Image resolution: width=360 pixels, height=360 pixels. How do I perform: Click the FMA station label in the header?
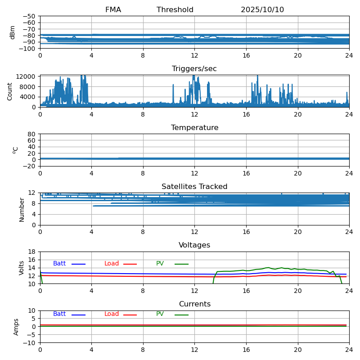(x=113, y=10)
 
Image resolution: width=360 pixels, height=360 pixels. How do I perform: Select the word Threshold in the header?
(x=175, y=10)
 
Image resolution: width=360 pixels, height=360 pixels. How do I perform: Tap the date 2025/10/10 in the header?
(x=262, y=10)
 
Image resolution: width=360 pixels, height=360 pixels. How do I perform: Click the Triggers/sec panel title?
(x=194, y=69)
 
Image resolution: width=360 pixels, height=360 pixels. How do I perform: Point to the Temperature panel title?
(x=194, y=128)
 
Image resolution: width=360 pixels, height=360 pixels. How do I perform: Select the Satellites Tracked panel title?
(x=194, y=187)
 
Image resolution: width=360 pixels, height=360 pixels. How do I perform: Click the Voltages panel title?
(x=194, y=245)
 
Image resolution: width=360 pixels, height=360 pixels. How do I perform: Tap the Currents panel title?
(x=194, y=304)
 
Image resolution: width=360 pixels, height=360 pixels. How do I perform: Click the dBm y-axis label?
(x=13, y=32)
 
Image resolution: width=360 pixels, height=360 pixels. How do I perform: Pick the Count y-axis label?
(x=10, y=91)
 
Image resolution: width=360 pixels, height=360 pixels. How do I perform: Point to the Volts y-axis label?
(x=22, y=268)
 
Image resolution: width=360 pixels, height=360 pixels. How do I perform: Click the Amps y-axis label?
(x=16, y=327)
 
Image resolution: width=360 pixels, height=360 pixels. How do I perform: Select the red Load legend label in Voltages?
(x=112, y=264)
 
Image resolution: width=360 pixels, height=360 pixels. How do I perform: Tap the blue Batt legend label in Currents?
(x=59, y=314)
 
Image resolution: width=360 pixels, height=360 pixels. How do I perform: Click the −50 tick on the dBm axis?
(x=29, y=16)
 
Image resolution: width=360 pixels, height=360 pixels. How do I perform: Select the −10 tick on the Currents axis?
(x=29, y=343)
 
